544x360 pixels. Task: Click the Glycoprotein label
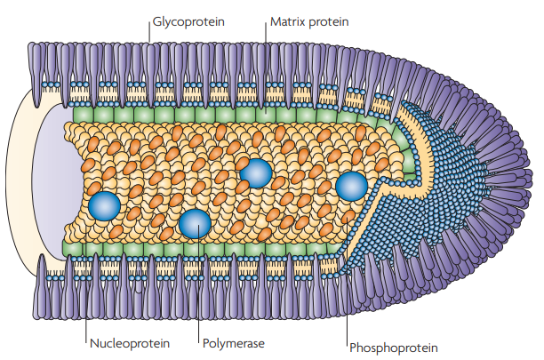[188, 22]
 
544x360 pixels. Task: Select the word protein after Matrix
[329, 22]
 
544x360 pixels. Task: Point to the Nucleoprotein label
[130, 344]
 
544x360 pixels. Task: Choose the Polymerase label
[234, 344]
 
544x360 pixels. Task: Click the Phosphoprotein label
[394, 348]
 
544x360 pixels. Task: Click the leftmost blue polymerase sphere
[104, 206]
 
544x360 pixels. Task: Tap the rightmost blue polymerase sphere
[351, 186]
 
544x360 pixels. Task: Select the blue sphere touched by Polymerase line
[195, 224]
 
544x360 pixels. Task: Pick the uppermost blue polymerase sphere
[256, 173]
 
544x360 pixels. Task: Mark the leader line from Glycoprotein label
[149, 33]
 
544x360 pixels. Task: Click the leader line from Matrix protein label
[266, 68]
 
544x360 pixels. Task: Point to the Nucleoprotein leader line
[86, 284]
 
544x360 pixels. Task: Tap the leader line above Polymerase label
[199, 284]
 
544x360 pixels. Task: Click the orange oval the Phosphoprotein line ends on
[348, 217]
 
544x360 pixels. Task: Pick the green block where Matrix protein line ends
[266, 115]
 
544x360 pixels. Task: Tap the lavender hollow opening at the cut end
[55, 180]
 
